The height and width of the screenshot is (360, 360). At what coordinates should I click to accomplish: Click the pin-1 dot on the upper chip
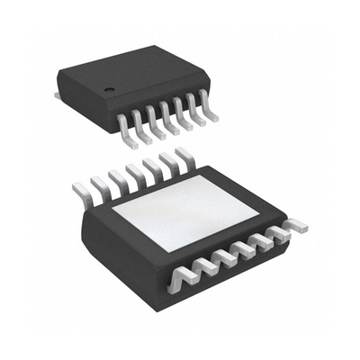click(108, 90)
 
